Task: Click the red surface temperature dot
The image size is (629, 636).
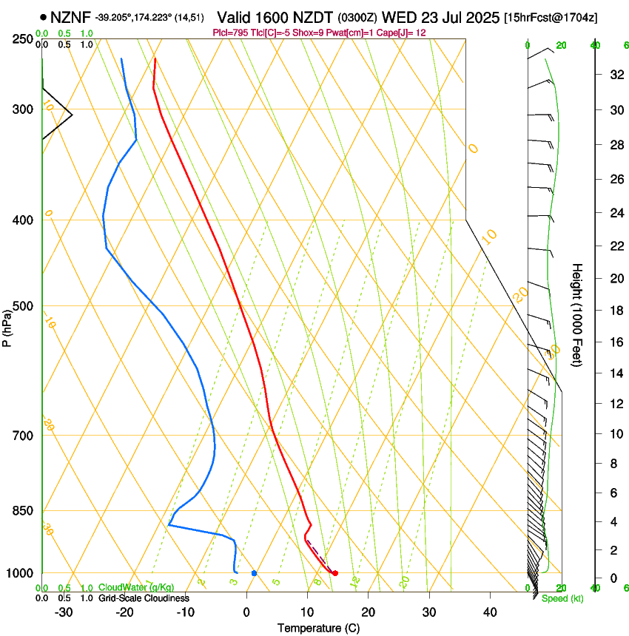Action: [x=335, y=573]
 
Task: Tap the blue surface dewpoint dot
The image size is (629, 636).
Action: [x=254, y=573]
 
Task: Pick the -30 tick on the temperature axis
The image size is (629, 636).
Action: [x=64, y=612]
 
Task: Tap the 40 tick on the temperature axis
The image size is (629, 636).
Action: [x=490, y=612]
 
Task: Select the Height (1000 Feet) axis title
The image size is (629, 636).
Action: [x=578, y=314]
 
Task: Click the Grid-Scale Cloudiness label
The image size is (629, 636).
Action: [x=143, y=598]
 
